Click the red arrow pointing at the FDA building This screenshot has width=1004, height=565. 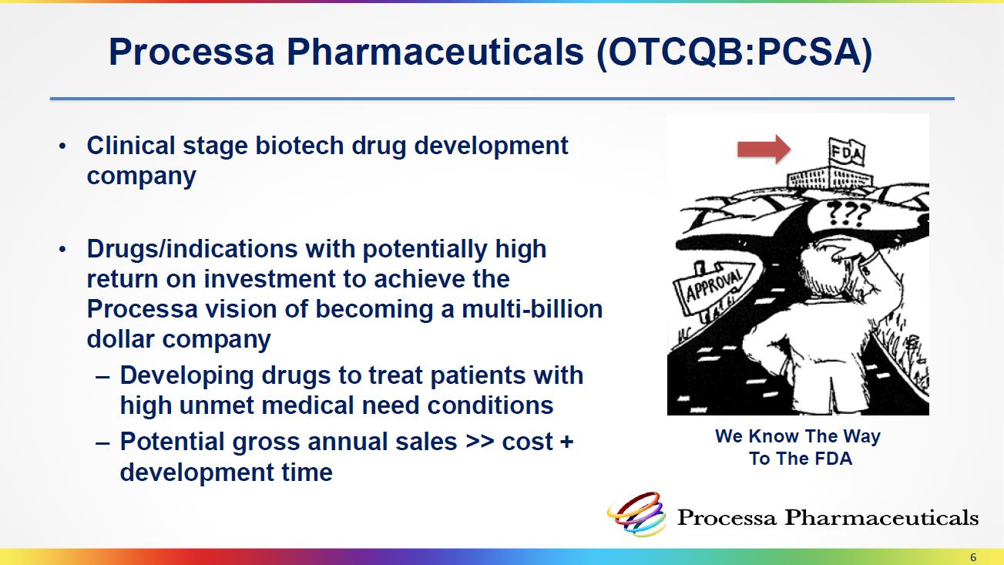(x=764, y=150)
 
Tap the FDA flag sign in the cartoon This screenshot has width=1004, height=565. (x=846, y=152)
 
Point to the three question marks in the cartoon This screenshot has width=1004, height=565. (x=848, y=214)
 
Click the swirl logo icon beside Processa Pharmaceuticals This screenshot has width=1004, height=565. (x=637, y=514)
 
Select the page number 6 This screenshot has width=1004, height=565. (x=973, y=557)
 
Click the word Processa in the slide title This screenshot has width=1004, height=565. (x=191, y=52)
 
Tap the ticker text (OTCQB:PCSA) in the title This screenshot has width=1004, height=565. (x=734, y=53)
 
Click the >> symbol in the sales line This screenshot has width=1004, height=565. (x=480, y=442)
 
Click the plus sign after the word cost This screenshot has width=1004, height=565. (x=566, y=442)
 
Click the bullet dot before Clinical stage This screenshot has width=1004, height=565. (x=62, y=146)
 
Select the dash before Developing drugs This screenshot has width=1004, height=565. (x=102, y=377)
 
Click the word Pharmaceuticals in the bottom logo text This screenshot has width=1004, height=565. (x=881, y=518)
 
